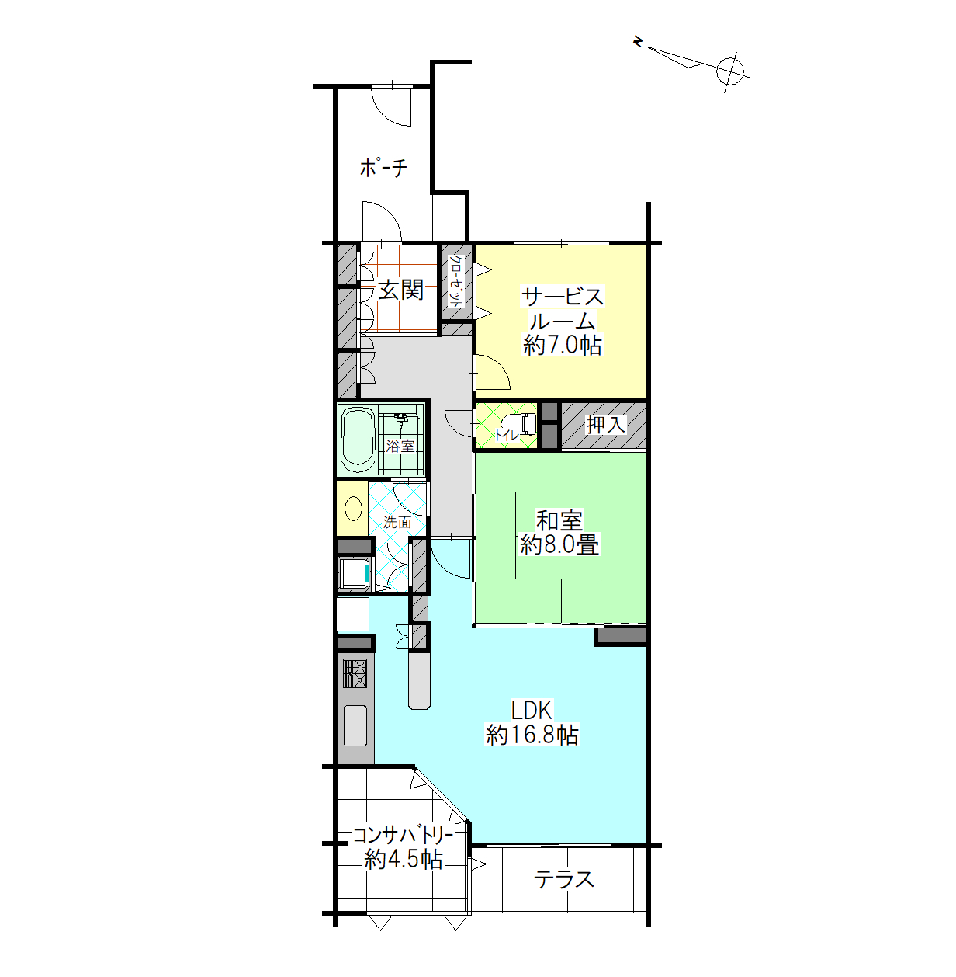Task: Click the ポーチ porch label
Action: tap(383, 167)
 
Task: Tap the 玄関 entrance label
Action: tap(400, 290)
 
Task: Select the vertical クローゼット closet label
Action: tap(456, 281)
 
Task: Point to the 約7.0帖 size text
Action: tap(563, 346)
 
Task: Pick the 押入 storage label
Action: tap(606, 424)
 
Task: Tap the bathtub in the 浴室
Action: tap(358, 440)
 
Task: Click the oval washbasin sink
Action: tap(353, 509)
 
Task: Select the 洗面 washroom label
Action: tap(397, 522)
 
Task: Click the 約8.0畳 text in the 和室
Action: tap(559, 545)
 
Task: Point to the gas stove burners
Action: tap(355, 673)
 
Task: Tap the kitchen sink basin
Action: tap(355, 725)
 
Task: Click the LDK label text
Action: tap(532, 711)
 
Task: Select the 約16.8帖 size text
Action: tap(532, 735)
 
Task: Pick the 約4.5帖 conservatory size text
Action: tap(404, 860)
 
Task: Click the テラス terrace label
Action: tap(564, 880)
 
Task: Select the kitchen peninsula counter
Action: tap(419, 680)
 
